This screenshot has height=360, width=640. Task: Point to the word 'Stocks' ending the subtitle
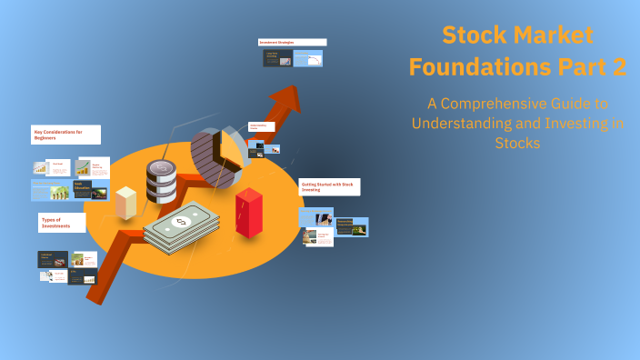coord(517,143)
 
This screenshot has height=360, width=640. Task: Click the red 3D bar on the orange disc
coord(248,214)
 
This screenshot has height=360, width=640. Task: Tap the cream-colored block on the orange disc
coord(126,202)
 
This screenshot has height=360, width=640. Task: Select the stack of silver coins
coord(162,181)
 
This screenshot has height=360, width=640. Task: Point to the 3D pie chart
coord(218,155)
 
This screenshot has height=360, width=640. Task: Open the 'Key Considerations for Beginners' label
coord(65,135)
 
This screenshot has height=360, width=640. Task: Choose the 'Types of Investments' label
coord(62,222)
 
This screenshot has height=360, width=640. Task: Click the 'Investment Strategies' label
coord(292,42)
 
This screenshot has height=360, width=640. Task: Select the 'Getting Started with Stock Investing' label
coord(329,186)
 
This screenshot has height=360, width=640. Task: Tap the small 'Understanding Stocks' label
coord(262,126)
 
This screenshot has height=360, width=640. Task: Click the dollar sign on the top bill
coord(180,221)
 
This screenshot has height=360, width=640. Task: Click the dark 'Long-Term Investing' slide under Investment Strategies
coord(276,58)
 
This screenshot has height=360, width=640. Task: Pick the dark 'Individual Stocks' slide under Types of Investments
coord(53,259)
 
